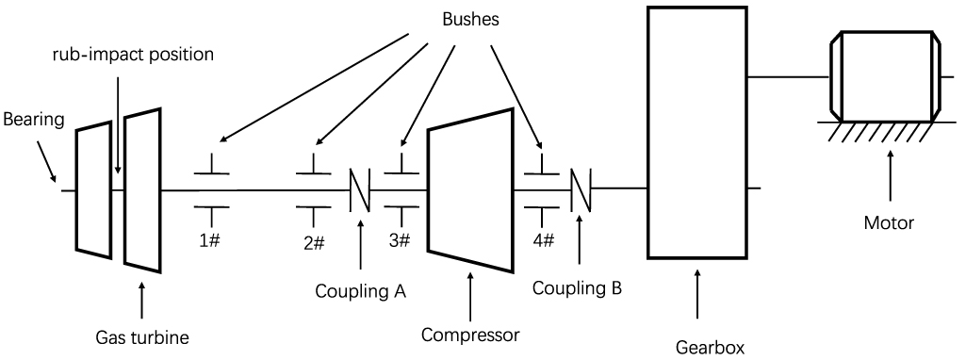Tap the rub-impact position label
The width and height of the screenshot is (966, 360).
tap(133, 54)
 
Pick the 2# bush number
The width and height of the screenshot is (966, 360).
tap(314, 242)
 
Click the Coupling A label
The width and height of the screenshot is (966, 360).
tap(361, 291)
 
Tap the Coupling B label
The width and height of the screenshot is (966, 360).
tap(577, 287)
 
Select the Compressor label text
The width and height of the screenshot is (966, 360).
tap(470, 334)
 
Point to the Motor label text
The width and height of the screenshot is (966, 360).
tap(889, 223)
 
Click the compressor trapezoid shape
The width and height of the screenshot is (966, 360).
tap(470, 188)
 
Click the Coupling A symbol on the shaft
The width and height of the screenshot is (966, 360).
tap(360, 190)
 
